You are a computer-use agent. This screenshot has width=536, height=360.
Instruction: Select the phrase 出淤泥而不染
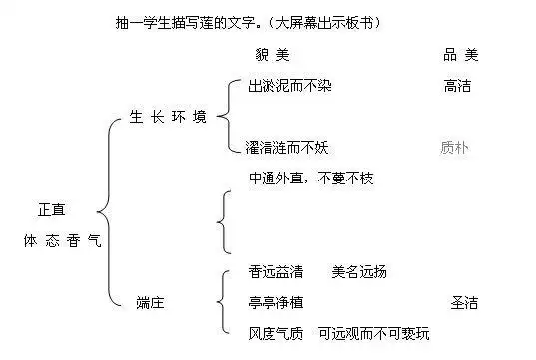coord(289,87)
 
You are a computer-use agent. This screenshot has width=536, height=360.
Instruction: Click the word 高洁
coord(457,87)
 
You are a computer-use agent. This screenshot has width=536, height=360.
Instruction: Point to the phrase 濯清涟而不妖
coord(286,148)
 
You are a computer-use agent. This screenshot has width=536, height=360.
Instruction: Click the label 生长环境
coord(169,117)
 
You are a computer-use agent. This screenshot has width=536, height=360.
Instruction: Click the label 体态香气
coord(63,241)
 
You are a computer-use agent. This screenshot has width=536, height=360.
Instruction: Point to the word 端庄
coord(151,301)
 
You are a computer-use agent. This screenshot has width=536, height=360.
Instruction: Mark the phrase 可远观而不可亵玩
coord(375,332)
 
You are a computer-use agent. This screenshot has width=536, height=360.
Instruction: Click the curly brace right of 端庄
coord(222,301)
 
